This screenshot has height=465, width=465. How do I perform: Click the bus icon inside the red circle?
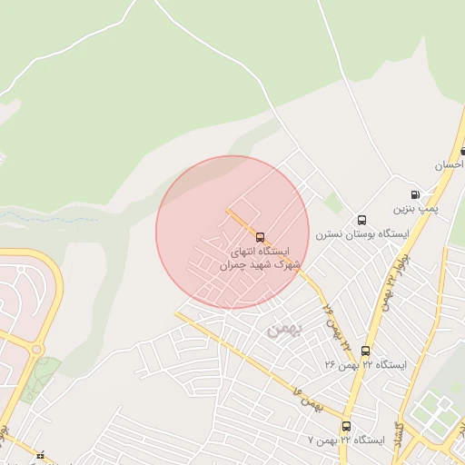click(x=261, y=237)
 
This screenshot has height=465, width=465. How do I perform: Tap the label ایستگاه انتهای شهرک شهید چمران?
click(x=260, y=258)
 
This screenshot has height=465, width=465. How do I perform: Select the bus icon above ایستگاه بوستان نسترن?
click(x=361, y=220)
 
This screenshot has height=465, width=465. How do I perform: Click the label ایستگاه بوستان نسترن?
click(x=361, y=234)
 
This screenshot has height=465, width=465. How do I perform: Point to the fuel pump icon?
click(x=415, y=194)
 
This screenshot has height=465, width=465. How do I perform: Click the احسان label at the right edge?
click(x=450, y=166)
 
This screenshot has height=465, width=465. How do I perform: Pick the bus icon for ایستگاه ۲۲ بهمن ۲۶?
click(x=365, y=351)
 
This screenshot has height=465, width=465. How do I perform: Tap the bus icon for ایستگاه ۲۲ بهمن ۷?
click(x=346, y=426)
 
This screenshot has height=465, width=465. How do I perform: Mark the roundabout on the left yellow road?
click(x=36, y=349)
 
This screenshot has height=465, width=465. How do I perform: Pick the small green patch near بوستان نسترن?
click(x=334, y=203)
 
